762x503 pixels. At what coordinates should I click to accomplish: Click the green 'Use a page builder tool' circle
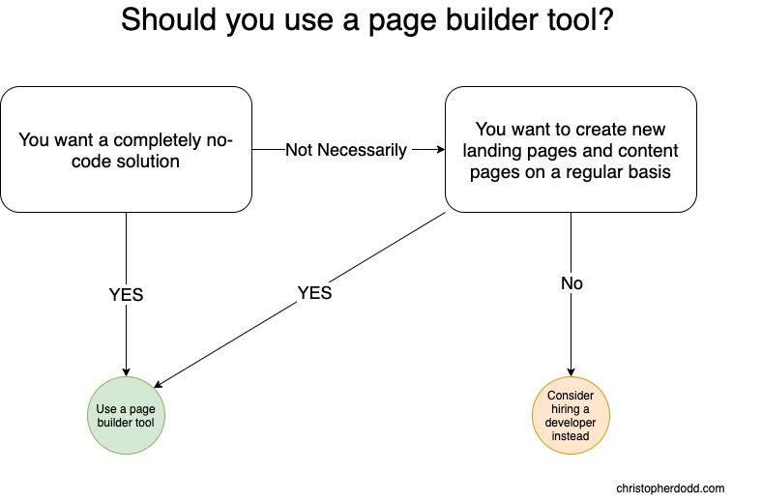point(126,416)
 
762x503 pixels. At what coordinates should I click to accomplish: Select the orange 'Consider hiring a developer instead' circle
point(571,416)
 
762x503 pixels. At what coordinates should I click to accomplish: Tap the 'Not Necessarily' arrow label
point(346,150)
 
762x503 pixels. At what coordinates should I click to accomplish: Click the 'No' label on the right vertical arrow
point(571,283)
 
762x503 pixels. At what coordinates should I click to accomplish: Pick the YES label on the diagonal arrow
point(314,292)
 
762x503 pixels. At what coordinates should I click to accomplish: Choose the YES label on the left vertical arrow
point(126,294)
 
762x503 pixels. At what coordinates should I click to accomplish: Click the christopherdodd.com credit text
point(670,488)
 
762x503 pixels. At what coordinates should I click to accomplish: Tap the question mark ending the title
point(605,20)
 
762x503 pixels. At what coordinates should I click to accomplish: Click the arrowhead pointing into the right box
point(440,149)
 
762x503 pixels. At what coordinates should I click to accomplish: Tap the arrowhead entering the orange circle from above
point(571,372)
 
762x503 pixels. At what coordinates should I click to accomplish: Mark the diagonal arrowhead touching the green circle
point(159,384)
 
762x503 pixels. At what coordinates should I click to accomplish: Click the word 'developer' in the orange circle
point(571,423)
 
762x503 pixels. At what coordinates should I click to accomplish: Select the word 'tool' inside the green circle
point(145,423)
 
